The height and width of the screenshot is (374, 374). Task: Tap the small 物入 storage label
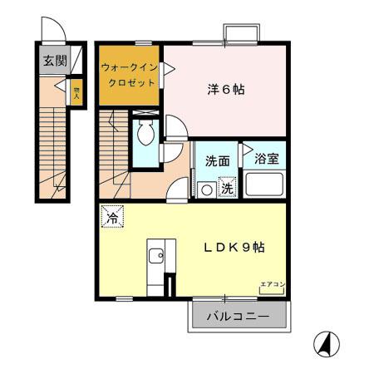click(75, 91)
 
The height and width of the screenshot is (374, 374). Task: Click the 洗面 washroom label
click(217, 160)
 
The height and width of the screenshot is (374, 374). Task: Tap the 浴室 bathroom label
click(265, 157)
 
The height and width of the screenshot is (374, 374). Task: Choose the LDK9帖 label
click(235, 247)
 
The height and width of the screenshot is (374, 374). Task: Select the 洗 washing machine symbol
click(227, 188)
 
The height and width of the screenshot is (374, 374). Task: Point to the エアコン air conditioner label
click(273, 285)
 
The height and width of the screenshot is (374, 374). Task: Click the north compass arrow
click(326, 341)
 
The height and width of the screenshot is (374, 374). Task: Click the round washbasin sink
click(206, 189)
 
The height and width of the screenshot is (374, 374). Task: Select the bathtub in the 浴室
click(265, 184)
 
